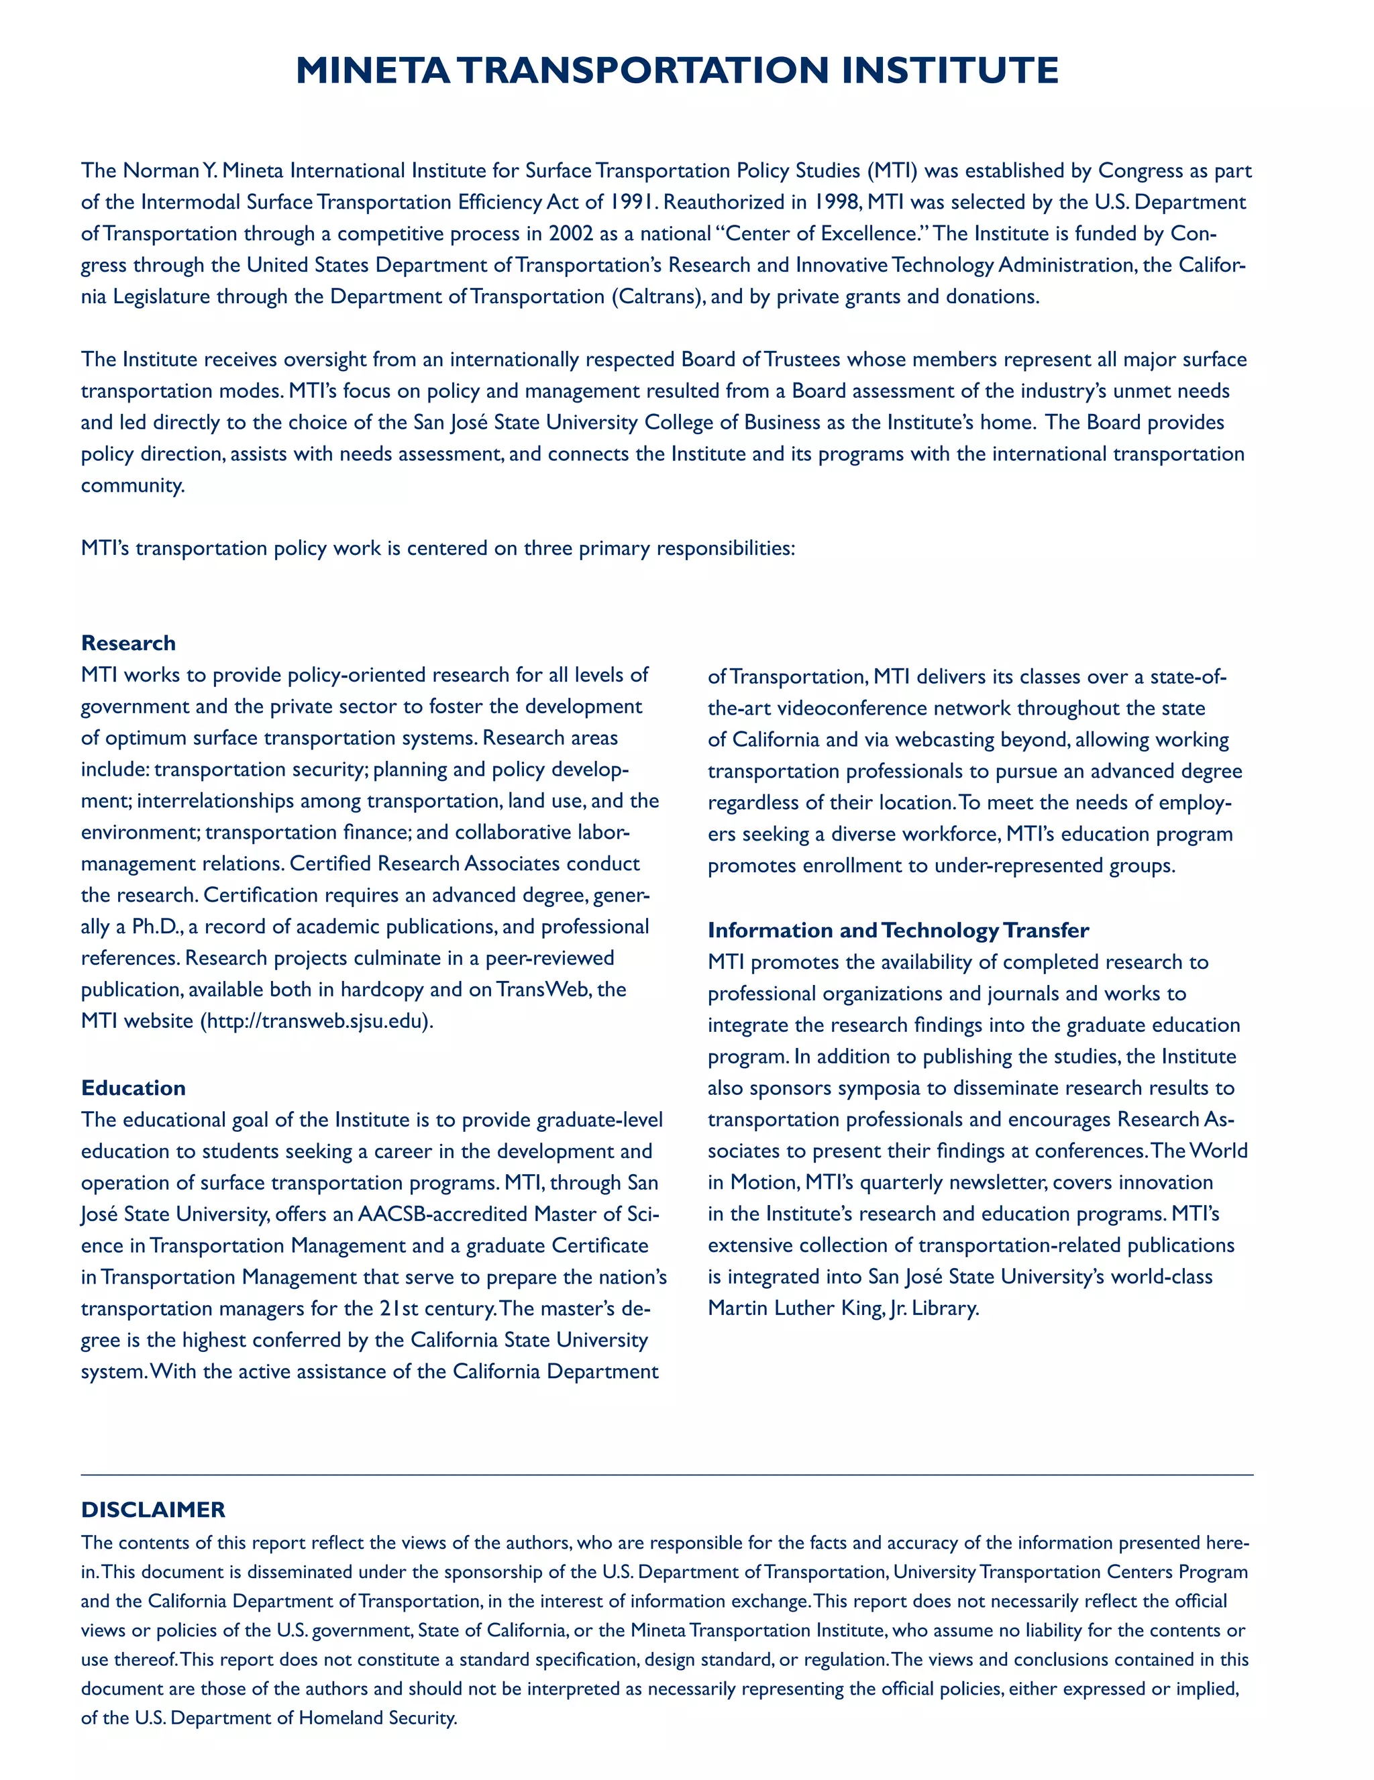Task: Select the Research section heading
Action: point(128,643)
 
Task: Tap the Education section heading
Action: point(133,1088)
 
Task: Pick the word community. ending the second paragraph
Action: point(133,486)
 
